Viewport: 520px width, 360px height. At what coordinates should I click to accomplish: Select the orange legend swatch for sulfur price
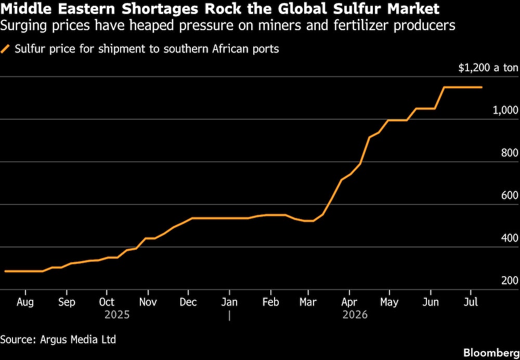point(6,49)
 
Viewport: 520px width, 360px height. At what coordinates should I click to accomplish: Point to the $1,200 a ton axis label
point(488,68)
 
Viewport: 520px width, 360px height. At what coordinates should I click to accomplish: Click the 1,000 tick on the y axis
point(505,111)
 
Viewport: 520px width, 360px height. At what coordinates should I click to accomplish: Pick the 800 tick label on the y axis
point(510,153)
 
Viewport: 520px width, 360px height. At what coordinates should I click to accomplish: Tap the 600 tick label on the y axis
point(510,196)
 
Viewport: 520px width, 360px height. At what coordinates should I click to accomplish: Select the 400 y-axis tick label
point(510,238)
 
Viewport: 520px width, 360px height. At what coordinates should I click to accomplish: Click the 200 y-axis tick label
point(510,281)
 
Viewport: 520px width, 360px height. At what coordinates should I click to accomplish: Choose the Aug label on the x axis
point(25,303)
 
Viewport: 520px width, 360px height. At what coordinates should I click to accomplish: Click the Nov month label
point(148,302)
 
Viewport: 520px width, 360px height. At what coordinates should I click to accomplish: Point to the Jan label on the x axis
point(229,302)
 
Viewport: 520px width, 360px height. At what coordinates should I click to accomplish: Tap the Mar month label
point(308,302)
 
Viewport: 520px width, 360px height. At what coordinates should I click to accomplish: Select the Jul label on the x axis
point(471,302)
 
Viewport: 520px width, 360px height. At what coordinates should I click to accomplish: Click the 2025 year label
point(117,315)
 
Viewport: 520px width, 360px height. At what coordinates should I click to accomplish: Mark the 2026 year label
point(355,315)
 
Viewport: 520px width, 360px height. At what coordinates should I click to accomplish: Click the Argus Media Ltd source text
point(79,340)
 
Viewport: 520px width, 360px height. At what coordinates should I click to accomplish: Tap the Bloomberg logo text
point(491,352)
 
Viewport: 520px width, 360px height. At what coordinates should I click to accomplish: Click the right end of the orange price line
point(482,87)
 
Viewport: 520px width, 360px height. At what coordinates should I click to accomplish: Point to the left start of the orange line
point(5,271)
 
